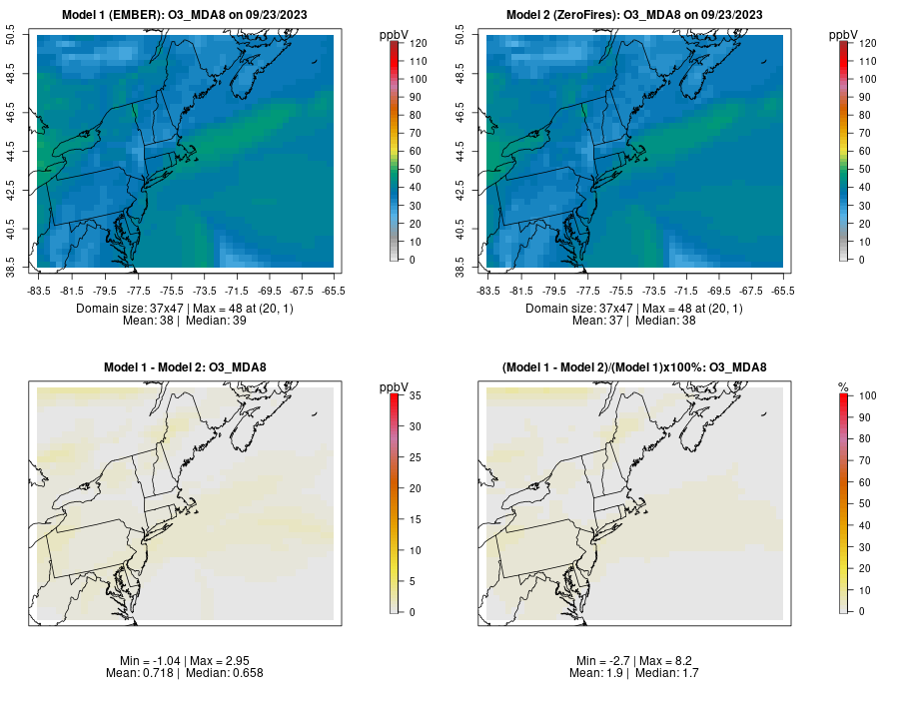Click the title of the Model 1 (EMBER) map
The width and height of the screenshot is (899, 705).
(190, 14)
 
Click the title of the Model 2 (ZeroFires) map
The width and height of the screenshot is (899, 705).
(638, 14)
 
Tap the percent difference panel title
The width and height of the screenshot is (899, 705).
(634, 367)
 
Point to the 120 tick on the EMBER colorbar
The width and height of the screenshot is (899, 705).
(419, 44)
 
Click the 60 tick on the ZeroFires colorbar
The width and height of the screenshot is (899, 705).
(865, 152)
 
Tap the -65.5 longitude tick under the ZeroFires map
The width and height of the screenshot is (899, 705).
(783, 291)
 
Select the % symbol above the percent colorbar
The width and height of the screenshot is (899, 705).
(843, 387)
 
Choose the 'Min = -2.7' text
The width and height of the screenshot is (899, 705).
(605, 661)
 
